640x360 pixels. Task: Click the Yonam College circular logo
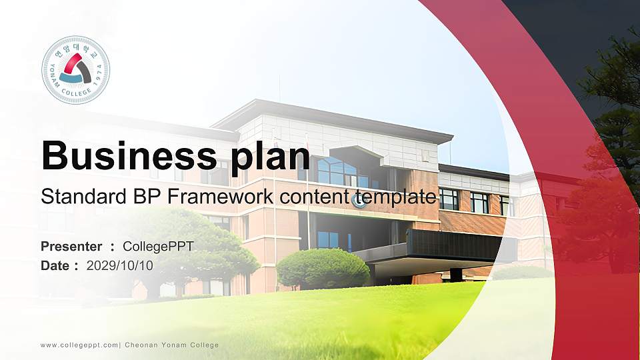(75, 69)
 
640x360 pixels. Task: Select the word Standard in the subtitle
(77, 197)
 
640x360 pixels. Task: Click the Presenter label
(71, 247)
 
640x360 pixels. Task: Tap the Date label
(55, 265)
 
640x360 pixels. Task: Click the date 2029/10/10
(120, 265)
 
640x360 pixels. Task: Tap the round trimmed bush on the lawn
(323, 269)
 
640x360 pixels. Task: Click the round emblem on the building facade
(360, 201)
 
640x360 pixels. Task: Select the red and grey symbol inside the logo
(75, 69)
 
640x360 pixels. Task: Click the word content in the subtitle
(315, 197)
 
